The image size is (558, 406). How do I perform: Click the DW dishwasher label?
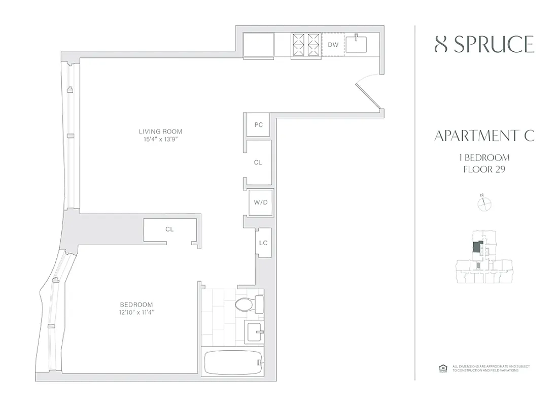point(333,45)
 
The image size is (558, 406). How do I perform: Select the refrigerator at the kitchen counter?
point(258,45)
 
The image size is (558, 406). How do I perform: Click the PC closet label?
point(259,125)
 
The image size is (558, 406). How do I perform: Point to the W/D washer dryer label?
point(260,202)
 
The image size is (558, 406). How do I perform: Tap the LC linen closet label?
point(263,243)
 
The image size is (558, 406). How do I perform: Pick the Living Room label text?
point(160,132)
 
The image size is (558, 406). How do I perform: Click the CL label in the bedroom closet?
point(169,229)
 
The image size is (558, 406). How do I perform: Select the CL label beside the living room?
point(258,162)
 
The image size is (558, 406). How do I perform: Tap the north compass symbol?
point(485,203)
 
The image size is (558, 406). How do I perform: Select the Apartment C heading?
point(484,136)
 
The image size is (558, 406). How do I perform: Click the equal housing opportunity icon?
point(441,368)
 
